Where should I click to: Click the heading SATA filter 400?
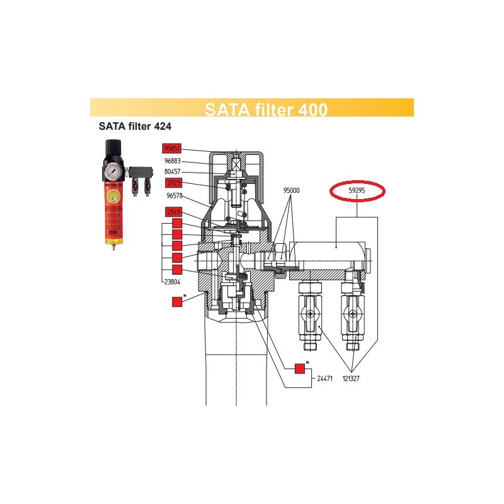(266, 109)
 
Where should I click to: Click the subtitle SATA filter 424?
(135, 125)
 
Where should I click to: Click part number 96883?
(173, 160)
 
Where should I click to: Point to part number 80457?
(173, 171)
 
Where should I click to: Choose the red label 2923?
(174, 183)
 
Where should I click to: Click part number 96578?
(173, 195)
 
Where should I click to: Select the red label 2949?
(174, 212)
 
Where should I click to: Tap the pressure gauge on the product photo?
(112, 172)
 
